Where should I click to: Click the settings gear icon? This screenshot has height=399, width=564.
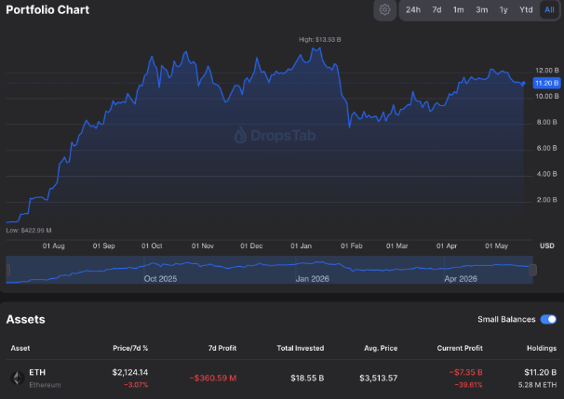coord(385,9)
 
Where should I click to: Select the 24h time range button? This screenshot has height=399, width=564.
coord(413,9)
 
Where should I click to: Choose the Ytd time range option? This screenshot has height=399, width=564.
coord(526,9)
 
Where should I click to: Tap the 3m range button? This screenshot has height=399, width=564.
coord(481,9)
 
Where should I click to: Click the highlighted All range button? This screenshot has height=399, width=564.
coord(549,9)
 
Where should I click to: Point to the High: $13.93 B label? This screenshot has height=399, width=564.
coord(320,40)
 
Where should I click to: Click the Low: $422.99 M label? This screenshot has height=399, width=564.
coord(29,230)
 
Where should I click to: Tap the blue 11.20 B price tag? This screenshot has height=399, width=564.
coord(546,83)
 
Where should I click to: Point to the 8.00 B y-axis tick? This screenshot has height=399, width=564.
coord(546,122)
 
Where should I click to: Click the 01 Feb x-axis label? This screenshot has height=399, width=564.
coord(352,246)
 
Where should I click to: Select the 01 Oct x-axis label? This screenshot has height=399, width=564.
coord(152,246)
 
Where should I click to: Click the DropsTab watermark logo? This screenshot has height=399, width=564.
coord(275,135)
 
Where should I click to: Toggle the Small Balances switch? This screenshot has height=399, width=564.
coord(548,319)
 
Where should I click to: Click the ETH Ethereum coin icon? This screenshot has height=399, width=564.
coord(18,379)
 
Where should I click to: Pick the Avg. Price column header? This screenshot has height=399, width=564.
coord(381,348)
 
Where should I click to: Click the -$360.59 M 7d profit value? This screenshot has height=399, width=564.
coord(213,379)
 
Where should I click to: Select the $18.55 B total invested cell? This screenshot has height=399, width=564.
coord(307,379)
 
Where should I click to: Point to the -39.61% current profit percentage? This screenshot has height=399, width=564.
coord(468,385)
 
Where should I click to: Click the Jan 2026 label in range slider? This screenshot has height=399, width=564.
coord(312,279)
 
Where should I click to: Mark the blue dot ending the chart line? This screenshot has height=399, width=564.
coord(524,83)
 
